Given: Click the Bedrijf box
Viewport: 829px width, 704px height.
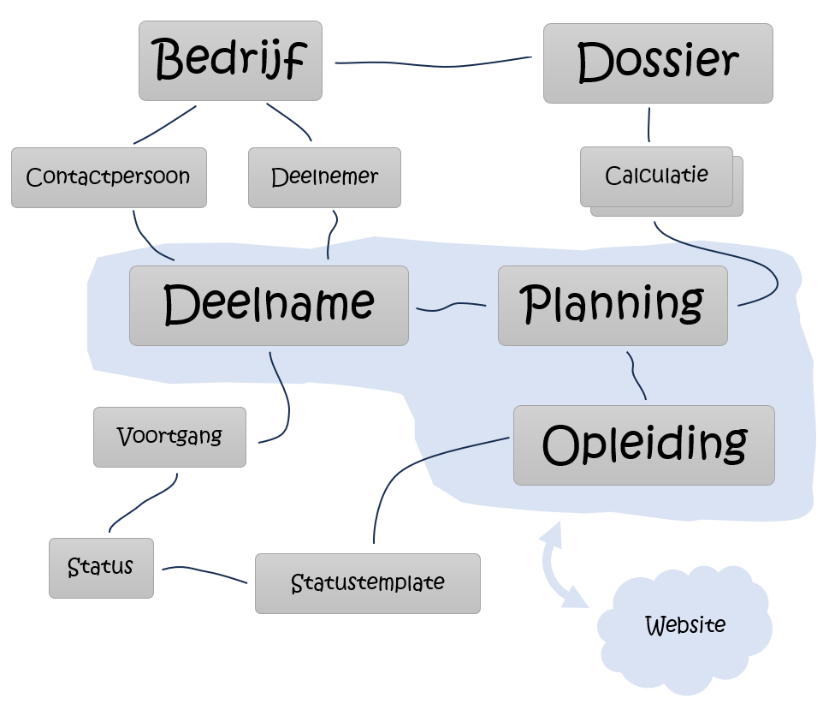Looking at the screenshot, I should [x=230, y=60].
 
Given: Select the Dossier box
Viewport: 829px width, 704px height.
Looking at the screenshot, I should [x=657, y=63].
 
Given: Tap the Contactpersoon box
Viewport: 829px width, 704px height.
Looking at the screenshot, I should [x=109, y=177].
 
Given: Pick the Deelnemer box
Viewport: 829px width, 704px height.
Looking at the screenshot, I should [x=324, y=177].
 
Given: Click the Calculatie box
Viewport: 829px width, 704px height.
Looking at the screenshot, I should [x=656, y=176].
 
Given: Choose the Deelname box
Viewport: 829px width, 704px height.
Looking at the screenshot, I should [x=269, y=305].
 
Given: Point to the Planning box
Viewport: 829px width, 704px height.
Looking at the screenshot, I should [x=613, y=305].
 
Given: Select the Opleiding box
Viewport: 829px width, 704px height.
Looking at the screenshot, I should [x=643, y=444].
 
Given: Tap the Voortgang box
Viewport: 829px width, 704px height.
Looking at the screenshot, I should [x=169, y=437].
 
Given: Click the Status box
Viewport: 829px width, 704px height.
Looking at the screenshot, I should [x=101, y=567].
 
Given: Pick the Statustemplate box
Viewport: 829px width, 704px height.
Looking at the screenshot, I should [x=367, y=583].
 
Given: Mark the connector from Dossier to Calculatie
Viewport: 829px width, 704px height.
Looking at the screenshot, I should [x=648, y=124].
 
